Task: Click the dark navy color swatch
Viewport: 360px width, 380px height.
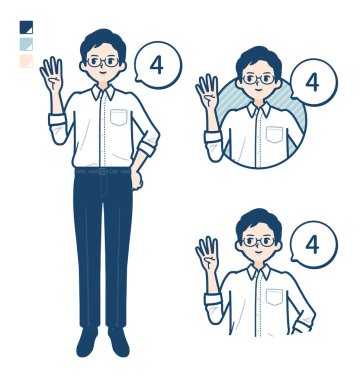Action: pyautogui.click(x=26, y=27)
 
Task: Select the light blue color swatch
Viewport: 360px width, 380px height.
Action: pyautogui.click(x=26, y=44)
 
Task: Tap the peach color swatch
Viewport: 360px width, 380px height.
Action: pyautogui.click(x=26, y=61)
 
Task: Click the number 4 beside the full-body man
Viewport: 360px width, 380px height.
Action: pyautogui.click(x=157, y=66)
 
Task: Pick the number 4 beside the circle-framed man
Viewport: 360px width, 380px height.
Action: pyautogui.click(x=312, y=83)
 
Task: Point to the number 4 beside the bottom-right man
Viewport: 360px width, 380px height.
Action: pyautogui.click(x=312, y=245)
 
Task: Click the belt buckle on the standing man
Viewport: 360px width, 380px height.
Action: pyautogui.click(x=103, y=172)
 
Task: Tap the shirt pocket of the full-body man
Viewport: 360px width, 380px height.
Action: pyautogui.click(x=119, y=117)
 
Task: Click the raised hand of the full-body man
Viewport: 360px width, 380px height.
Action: pyautogui.click(x=52, y=75)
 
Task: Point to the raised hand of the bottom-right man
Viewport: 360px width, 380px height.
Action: pyautogui.click(x=207, y=254)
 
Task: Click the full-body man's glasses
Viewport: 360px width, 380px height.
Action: pyautogui.click(x=103, y=62)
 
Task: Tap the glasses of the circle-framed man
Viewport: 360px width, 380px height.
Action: pyautogui.click(x=259, y=79)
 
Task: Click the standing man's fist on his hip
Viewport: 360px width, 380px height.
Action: pyautogui.click(x=136, y=178)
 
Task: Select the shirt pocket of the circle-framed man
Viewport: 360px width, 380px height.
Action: pyautogui.click(x=274, y=134)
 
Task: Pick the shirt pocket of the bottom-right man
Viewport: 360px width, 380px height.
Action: pyautogui.click(x=274, y=297)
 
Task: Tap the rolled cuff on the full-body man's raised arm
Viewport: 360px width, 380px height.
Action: pyautogui.click(x=57, y=121)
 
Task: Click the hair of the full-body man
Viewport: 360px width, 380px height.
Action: pyautogui.click(x=103, y=42)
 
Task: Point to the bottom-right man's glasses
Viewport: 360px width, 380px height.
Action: pyautogui.click(x=259, y=242)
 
